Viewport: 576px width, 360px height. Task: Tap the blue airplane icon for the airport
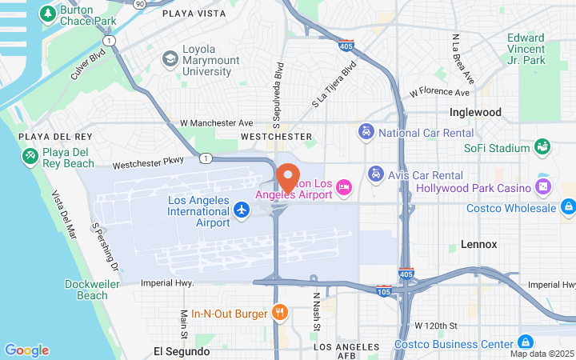click(241, 210)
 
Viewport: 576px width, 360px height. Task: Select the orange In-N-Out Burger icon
click(280, 313)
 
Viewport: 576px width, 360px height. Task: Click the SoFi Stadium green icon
click(542, 147)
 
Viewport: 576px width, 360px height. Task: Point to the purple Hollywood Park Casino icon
click(543, 188)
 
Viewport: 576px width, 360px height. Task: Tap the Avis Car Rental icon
click(374, 174)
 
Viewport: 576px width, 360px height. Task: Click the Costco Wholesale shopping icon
click(567, 208)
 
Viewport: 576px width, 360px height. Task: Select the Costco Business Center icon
click(525, 342)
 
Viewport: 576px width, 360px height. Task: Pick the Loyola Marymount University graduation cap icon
click(170, 58)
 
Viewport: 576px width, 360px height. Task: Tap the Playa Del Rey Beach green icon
click(30, 154)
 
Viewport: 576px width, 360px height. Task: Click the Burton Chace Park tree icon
click(47, 14)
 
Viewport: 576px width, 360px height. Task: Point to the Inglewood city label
click(475, 113)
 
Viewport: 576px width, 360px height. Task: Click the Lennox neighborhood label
click(478, 244)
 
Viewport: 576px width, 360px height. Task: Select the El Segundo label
click(182, 351)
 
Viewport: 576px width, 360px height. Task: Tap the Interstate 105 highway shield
click(384, 290)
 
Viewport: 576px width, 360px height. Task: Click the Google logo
click(26, 350)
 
